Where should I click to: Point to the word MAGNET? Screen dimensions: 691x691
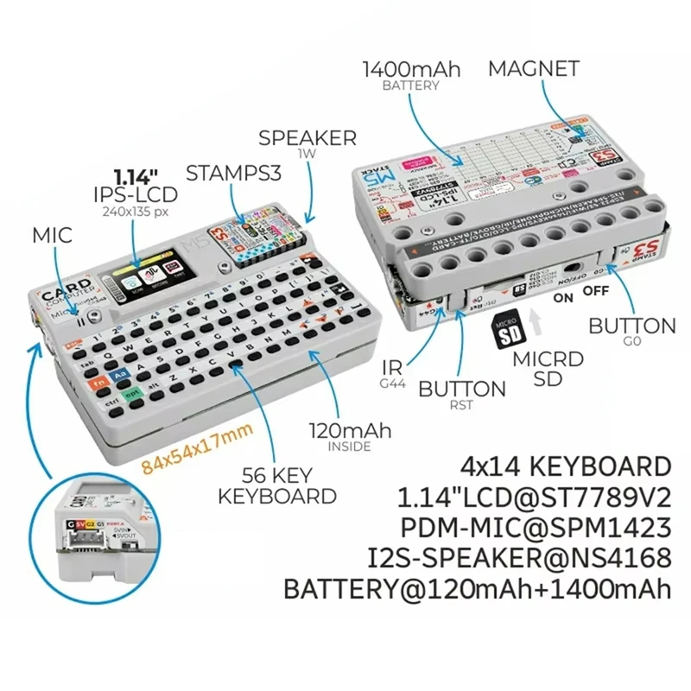point(534,69)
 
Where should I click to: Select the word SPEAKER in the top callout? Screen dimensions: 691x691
point(307,137)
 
